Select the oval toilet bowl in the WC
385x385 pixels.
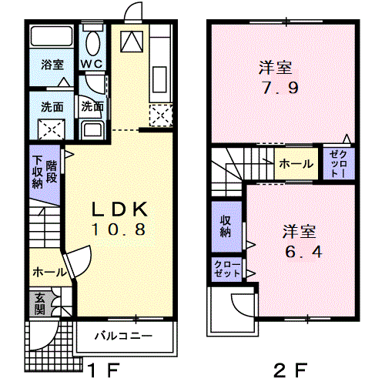pyautogui.click(x=93, y=42)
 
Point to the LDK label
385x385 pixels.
pyautogui.click(x=119, y=209)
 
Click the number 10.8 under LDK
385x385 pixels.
pyautogui.click(x=119, y=229)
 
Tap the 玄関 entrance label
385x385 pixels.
pyautogui.click(x=38, y=304)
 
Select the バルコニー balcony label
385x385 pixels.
pyautogui.click(x=123, y=336)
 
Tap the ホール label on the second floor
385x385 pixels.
pyautogui.click(x=295, y=164)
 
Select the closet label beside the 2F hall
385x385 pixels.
pyautogui.click(x=338, y=163)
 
